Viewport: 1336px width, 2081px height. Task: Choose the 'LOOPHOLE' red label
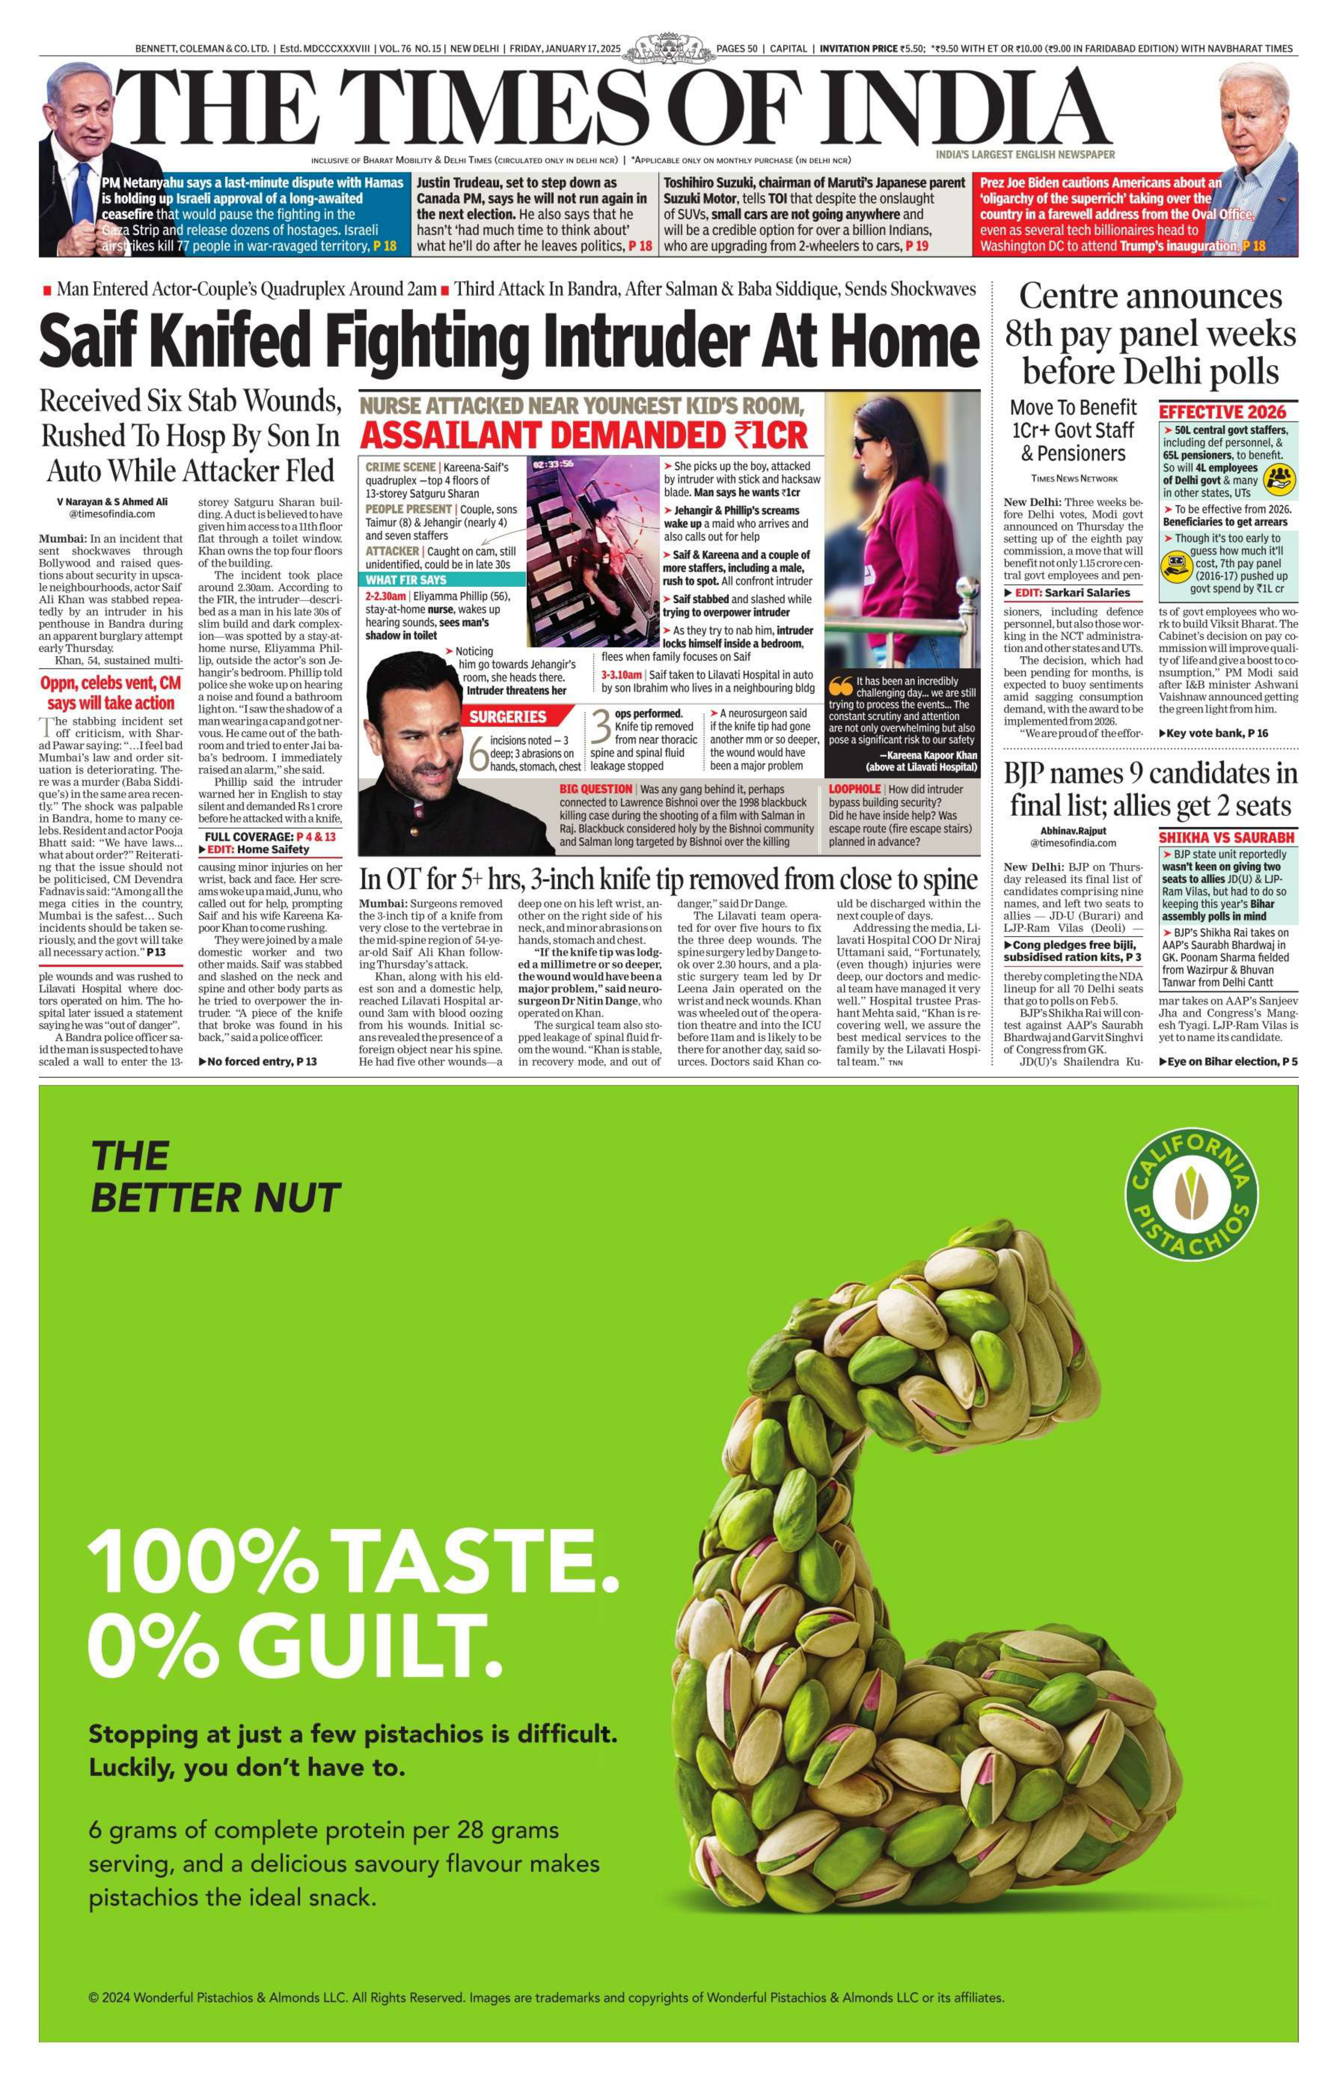(x=855, y=789)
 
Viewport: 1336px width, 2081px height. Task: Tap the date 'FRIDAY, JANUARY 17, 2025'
(x=565, y=48)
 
